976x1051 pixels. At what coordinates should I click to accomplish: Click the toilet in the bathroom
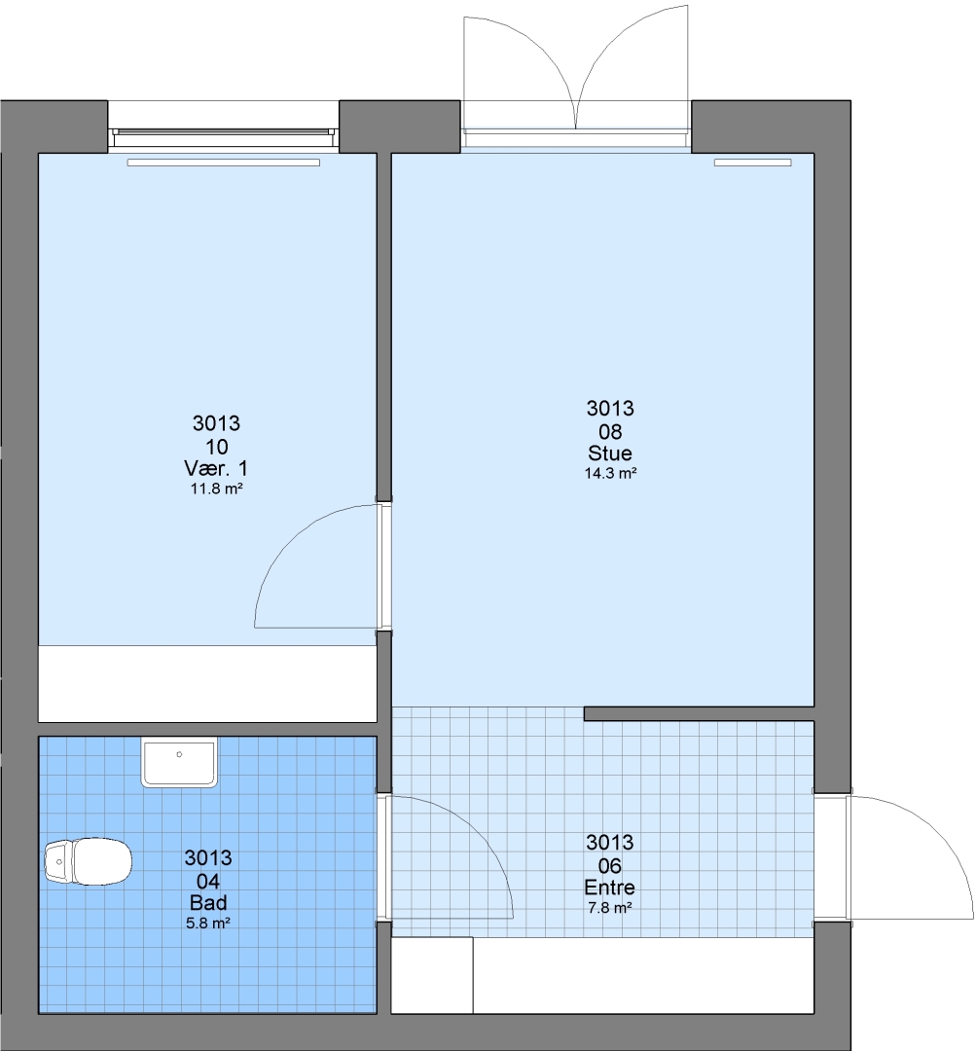point(88,860)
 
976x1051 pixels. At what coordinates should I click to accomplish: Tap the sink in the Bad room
point(180,761)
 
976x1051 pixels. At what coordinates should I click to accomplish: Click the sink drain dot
point(179,755)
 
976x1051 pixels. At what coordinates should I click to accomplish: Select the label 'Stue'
point(610,453)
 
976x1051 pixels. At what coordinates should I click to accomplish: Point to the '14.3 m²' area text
point(610,473)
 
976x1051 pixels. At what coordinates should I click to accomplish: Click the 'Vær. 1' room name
point(216,468)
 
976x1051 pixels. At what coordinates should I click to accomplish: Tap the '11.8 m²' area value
point(216,489)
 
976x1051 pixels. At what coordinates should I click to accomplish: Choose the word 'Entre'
point(609,888)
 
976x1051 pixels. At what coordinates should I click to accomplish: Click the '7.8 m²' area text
point(609,908)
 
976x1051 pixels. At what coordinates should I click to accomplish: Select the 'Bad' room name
point(208,902)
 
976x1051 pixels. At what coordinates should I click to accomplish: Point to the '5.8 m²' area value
point(208,923)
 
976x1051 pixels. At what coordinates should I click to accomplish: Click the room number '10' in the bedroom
point(217,447)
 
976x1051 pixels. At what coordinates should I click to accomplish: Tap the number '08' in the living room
point(610,431)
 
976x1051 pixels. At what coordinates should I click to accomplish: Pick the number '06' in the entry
point(609,865)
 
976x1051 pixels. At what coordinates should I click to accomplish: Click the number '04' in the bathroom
point(208,881)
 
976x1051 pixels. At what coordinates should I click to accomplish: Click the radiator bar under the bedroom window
point(223,163)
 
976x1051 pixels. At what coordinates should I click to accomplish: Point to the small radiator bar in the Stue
point(752,163)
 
